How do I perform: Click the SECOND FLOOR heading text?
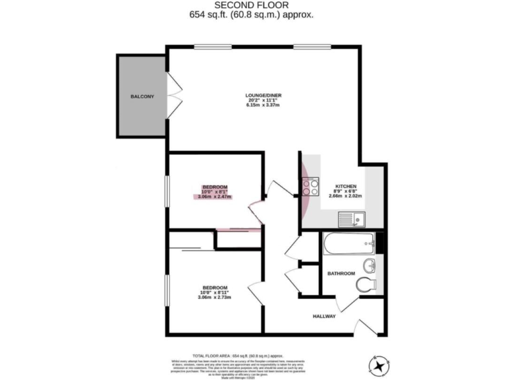252,5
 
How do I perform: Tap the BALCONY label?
142,97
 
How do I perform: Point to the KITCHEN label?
346,186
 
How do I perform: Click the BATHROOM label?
341,273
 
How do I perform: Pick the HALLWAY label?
323,317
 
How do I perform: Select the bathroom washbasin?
370,266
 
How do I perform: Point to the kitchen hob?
311,187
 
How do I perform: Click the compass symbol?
380,364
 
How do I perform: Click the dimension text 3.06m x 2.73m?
215,298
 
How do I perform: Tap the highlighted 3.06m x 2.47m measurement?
215,197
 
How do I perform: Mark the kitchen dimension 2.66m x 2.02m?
346,197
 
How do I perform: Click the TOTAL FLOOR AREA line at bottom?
252,355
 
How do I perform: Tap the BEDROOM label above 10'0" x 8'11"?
215,288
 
